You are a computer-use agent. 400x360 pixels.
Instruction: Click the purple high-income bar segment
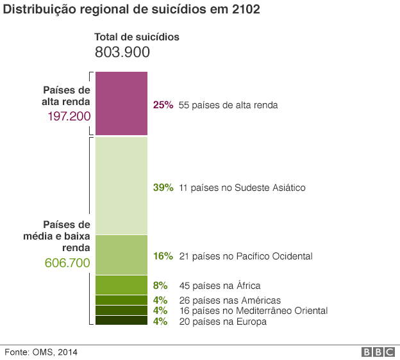[122, 103]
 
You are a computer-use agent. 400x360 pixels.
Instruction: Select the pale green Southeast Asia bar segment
[122, 185]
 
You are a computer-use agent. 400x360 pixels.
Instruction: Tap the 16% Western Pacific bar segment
[122, 255]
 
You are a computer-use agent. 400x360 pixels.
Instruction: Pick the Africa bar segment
[122, 284]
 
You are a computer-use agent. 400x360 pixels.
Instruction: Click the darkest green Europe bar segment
[122, 321]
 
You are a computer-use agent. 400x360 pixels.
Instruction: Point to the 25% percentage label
[163, 105]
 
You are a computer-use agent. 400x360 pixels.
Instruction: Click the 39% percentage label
[163, 188]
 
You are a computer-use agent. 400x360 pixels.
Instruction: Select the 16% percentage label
[163, 256]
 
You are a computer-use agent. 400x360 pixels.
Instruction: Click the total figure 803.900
[122, 53]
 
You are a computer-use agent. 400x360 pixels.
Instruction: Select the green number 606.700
[67, 262]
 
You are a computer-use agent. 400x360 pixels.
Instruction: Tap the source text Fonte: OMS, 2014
[42, 352]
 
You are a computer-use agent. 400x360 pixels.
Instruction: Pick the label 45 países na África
[220, 286]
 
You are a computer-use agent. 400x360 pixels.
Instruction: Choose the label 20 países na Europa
[222, 322]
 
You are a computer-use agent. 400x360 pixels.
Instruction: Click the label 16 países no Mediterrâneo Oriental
[253, 311]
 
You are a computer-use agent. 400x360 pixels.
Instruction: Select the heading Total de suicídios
[137, 37]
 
